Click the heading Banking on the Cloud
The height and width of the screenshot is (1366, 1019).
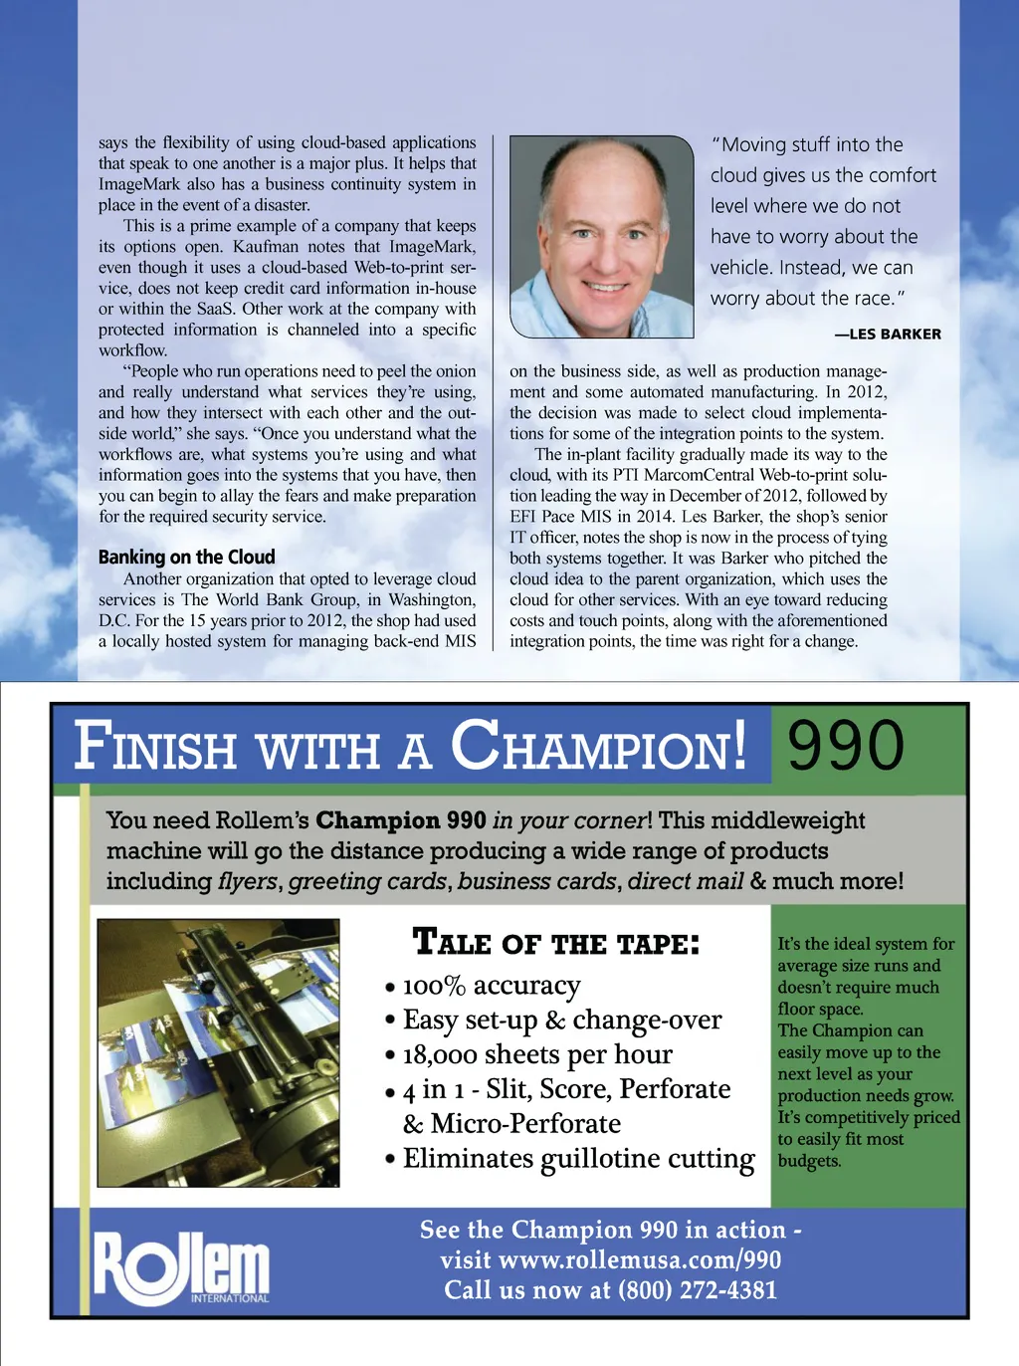click(x=186, y=557)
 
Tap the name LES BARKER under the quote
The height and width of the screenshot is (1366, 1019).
click(x=895, y=335)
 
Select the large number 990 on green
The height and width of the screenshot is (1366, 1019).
click(x=846, y=746)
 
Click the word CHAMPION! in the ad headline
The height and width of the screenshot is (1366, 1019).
click(x=599, y=747)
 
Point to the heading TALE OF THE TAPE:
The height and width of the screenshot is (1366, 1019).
click(x=555, y=942)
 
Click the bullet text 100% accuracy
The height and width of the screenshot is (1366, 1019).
click(x=491, y=986)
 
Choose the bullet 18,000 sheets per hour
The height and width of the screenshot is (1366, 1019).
click(x=537, y=1054)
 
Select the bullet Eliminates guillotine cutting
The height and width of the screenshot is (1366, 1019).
click(x=578, y=1159)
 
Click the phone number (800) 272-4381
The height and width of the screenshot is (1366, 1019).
click(x=697, y=1290)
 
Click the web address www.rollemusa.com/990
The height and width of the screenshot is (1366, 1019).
click(x=639, y=1260)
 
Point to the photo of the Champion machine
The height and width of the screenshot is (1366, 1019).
click(x=218, y=1052)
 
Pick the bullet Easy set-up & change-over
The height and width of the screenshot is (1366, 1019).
click(x=562, y=1021)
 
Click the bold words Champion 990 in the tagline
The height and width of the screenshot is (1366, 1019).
click(x=401, y=820)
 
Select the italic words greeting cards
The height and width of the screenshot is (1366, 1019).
click(x=367, y=882)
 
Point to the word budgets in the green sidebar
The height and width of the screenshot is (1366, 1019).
click(x=808, y=1161)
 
